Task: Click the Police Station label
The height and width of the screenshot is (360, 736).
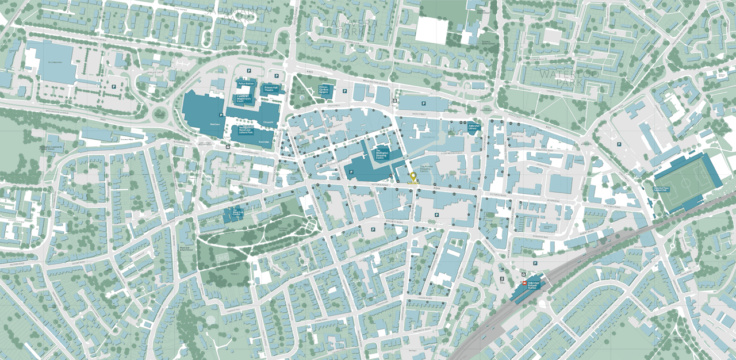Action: (x=246, y=84)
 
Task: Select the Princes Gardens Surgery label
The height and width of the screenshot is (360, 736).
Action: (x=327, y=89)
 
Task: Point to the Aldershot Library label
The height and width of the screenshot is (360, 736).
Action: (x=473, y=128)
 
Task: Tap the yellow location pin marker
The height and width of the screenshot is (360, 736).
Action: (x=413, y=177)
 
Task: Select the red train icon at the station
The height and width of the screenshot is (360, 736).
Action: (x=524, y=283)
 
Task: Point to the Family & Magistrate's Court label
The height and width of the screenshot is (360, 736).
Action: (x=244, y=98)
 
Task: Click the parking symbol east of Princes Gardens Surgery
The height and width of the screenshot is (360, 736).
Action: (x=344, y=91)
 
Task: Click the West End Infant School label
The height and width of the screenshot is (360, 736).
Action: (x=186, y=249)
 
